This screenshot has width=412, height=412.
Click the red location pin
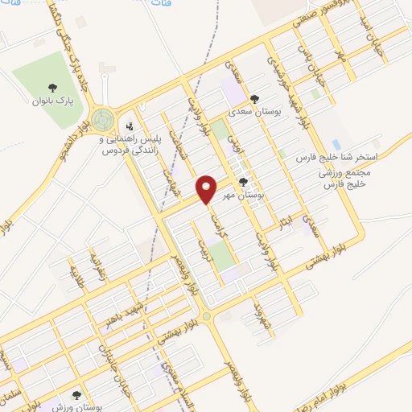pyautogui.click(x=207, y=188)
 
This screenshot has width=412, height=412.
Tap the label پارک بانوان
pyautogui.click(x=52, y=101)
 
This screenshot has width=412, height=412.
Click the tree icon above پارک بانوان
pyautogui.click(x=53, y=88)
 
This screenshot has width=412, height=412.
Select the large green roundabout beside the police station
pyautogui.click(x=102, y=121)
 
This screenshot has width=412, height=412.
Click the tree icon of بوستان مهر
pyautogui.click(x=244, y=182)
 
